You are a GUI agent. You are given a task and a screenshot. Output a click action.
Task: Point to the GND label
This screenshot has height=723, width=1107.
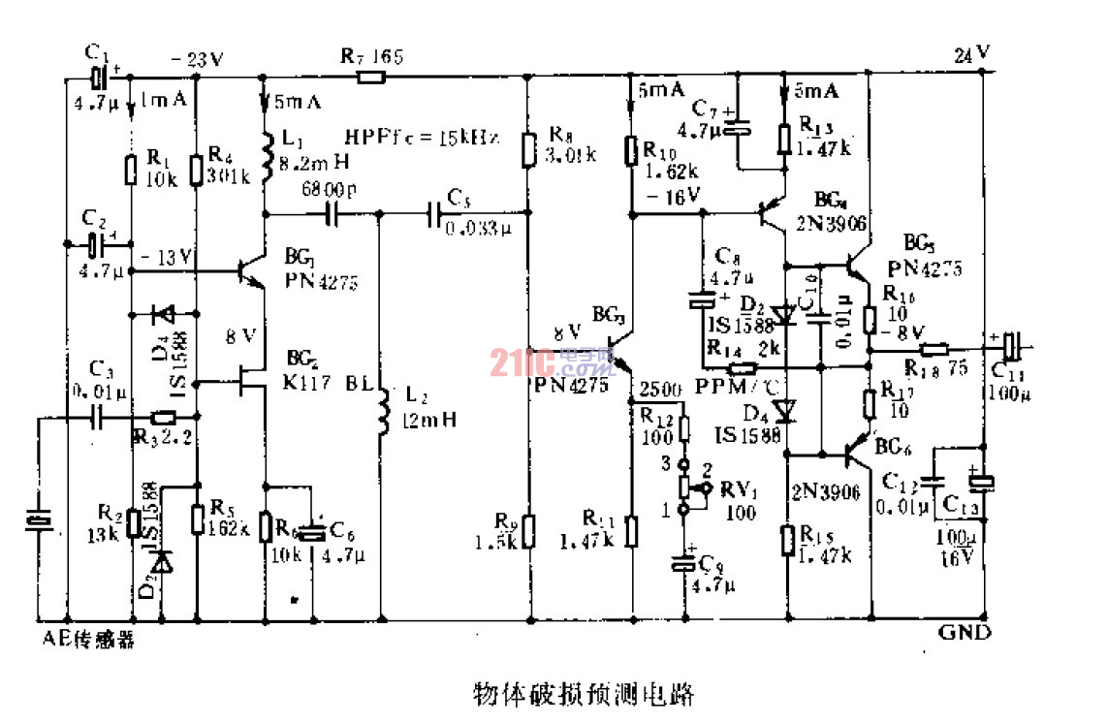click(964, 633)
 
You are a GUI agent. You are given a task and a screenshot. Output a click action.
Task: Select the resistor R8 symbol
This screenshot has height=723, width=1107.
click(527, 148)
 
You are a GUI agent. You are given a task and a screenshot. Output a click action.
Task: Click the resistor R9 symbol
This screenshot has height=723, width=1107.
click(527, 529)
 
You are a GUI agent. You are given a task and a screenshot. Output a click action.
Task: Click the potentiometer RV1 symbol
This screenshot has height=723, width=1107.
click(685, 487)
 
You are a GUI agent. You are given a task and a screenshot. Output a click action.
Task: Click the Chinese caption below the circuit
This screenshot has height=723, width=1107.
click(584, 694)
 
